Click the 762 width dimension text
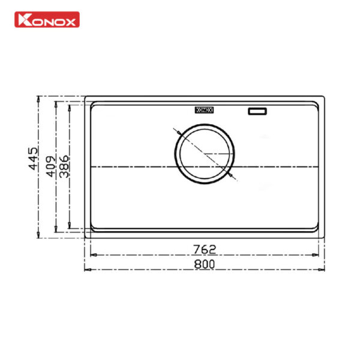(205, 248)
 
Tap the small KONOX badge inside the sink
(205, 110)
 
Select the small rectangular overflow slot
(257, 110)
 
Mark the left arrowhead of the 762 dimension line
(92, 254)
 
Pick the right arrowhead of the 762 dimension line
(317, 254)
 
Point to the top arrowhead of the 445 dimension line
(40, 98)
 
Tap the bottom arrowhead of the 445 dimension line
(40, 236)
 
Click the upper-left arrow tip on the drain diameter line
(175, 130)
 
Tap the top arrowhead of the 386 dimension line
(70, 106)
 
